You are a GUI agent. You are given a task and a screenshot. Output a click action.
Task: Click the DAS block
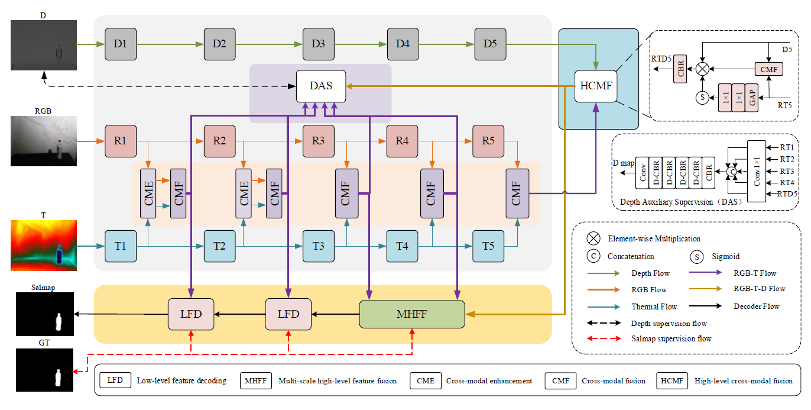320,86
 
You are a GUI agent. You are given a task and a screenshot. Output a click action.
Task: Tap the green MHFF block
412,314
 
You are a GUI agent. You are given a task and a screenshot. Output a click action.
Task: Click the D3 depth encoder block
318,44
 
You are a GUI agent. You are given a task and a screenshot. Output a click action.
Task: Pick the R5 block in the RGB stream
488,141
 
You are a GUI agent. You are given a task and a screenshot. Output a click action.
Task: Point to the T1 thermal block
120,246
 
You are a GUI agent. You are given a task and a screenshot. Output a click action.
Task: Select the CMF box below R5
517,193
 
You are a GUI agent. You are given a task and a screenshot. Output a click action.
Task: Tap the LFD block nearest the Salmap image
191,314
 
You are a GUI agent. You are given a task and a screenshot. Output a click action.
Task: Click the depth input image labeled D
44,45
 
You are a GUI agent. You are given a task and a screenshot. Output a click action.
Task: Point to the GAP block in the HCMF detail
751,98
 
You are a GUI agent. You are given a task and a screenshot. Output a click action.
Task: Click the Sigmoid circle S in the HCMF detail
702,98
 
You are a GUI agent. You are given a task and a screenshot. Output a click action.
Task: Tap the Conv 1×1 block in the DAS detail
756,171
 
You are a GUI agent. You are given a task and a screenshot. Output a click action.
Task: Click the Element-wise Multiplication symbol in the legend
593,238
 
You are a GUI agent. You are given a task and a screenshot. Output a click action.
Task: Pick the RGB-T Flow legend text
755,273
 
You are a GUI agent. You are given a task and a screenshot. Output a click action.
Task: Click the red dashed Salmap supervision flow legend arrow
603,339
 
